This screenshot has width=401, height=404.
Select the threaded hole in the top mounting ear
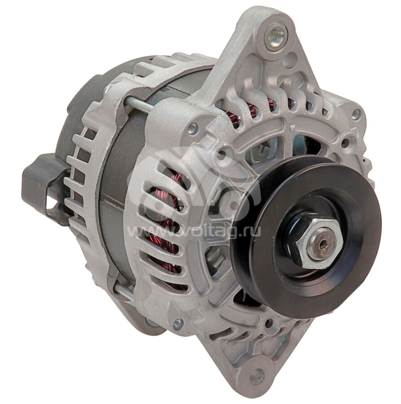click(x=275, y=35)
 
